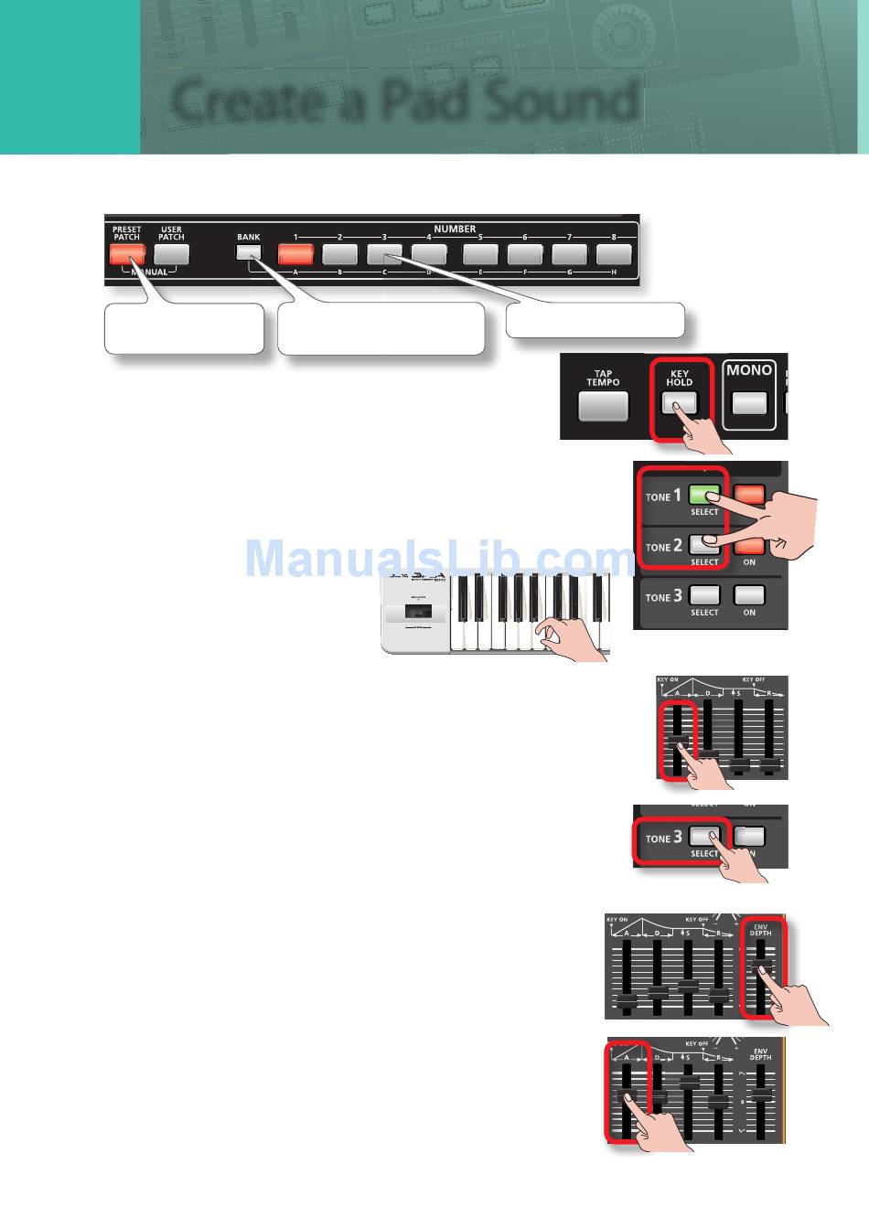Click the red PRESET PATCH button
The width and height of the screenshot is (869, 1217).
tap(127, 255)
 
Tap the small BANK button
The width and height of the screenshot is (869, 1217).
tap(248, 253)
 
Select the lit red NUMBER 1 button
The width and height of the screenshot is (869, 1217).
tap(295, 254)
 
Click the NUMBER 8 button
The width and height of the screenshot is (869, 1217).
tap(614, 254)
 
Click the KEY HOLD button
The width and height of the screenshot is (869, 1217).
tap(680, 402)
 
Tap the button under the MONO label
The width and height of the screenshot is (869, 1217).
tap(749, 402)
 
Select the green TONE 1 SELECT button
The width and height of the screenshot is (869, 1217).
tap(704, 496)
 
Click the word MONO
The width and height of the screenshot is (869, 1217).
tap(749, 370)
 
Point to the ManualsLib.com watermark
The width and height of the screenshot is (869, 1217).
tap(439, 558)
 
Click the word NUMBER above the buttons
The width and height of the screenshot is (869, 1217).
tap(455, 229)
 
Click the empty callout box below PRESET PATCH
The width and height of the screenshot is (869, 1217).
tap(184, 329)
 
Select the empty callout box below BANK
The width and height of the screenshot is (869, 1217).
tap(381, 329)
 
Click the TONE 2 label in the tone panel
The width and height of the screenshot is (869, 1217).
tap(663, 547)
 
